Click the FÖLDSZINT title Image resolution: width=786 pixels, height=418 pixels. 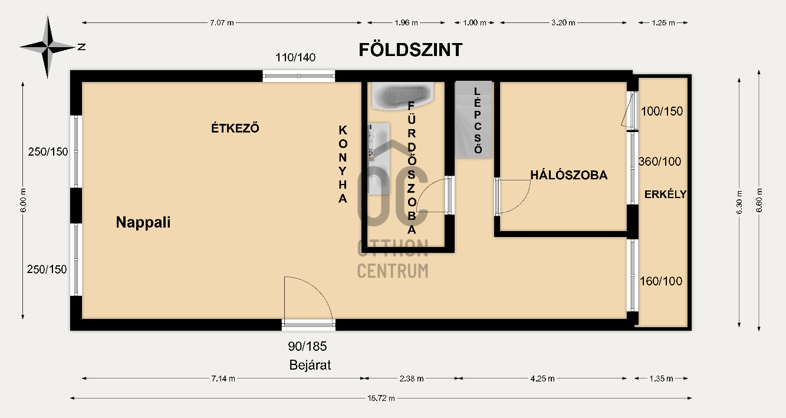tap(410, 50)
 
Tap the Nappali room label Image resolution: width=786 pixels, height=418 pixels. tap(143, 222)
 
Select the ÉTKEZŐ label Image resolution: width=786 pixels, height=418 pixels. tap(235, 127)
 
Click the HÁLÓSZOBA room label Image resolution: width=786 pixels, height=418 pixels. tap(568, 175)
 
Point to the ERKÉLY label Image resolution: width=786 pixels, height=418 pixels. tap(665, 194)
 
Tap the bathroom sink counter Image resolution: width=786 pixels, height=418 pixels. tap(379, 158)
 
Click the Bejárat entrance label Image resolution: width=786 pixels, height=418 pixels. tap(310, 365)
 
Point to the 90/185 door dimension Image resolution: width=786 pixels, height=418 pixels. tap(307, 346)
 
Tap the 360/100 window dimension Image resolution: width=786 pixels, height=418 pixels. tap(659, 162)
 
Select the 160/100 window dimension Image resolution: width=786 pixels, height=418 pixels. tap(660, 281)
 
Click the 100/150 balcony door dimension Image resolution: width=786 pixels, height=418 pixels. tap(662, 111)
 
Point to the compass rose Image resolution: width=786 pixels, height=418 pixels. tap(47, 47)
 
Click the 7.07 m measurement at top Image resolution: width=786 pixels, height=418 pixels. tap(222, 23)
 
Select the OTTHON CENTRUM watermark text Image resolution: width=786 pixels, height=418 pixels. tap(393, 259)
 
